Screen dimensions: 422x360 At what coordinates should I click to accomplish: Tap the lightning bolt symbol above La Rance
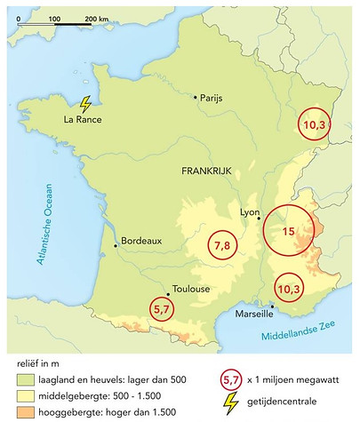pos(85,104)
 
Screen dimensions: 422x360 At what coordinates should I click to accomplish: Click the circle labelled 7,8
pos(223,245)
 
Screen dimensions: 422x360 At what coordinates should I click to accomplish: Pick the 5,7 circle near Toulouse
pos(164,309)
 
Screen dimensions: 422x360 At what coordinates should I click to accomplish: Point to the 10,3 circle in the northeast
pos(315,125)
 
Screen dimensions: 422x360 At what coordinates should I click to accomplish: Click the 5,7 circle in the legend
pos(231,379)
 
